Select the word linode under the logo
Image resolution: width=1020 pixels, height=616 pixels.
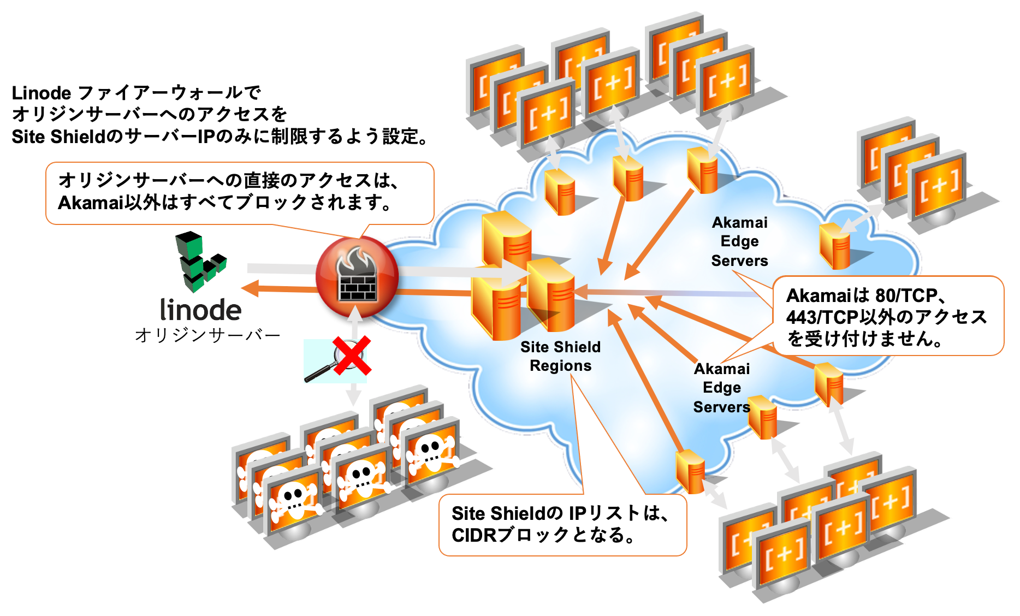click(200, 310)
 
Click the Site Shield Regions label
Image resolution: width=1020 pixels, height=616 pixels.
click(560, 356)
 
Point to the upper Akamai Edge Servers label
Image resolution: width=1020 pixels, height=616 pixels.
click(739, 241)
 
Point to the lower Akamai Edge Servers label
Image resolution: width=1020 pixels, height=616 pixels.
click(721, 388)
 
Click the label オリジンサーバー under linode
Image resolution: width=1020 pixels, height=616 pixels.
click(207, 335)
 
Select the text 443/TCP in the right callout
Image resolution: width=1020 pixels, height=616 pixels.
click(822, 317)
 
